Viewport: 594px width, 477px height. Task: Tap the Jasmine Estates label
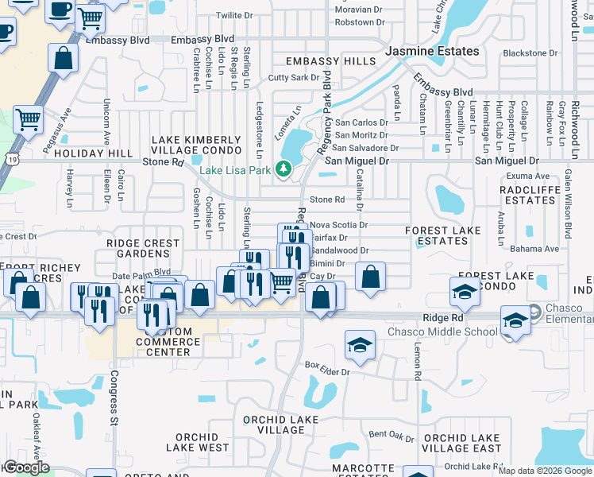click(x=432, y=51)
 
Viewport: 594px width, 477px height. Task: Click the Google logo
click(x=25, y=467)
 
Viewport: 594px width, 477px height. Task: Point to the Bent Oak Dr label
click(x=391, y=436)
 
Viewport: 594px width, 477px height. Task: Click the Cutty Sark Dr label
click(x=293, y=78)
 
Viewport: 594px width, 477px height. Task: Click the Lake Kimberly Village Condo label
click(x=196, y=145)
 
